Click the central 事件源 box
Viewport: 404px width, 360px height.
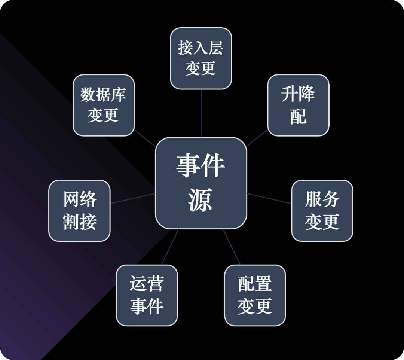(x=201, y=183)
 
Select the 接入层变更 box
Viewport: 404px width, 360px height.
(x=201, y=58)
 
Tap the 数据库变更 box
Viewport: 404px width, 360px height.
(x=104, y=105)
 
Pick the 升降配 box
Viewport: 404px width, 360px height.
(x=298, y=105)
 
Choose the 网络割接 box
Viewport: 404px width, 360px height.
(x=80, y=211)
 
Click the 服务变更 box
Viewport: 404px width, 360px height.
(x=322, y=211)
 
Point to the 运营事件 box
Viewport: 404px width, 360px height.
(x=147, y=295)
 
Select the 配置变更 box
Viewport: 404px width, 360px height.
(x=255, y=295)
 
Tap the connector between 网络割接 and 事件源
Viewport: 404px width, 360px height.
(x=133, y=198)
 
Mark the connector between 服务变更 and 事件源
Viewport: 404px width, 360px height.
(x=269, y=198)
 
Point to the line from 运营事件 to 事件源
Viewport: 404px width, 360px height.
(x=170, y=247)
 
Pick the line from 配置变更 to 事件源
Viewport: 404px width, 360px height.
(x=232, y=247)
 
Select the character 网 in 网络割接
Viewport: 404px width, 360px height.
(x=71, y=199)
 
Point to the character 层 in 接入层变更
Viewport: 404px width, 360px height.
(x=216, y=48)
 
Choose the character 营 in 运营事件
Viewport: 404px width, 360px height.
(x=155, y=284)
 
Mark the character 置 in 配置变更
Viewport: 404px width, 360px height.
(x=263, y=284)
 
